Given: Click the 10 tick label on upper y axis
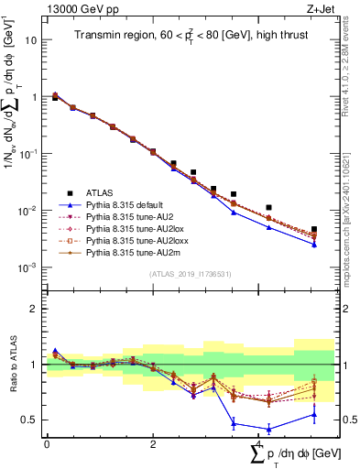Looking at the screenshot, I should point(29,40).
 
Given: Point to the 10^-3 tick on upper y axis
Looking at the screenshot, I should point(27,267).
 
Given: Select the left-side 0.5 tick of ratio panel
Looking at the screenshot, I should point(29,420).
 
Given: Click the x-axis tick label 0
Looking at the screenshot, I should point(47,444).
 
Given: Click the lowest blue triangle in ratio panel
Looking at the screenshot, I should point(268,429).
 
